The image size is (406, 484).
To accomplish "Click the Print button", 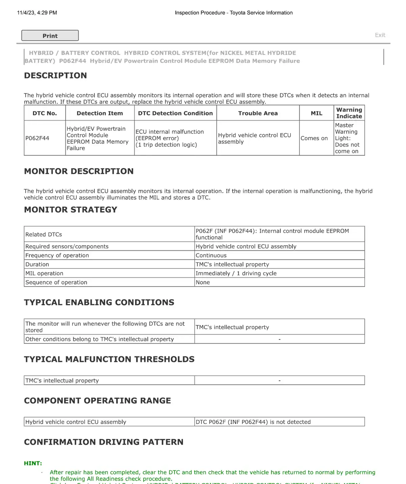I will click(x=50, y=36).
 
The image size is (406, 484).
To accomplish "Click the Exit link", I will click(x=380, y=35).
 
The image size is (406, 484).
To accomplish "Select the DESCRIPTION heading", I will click(x=55, y=76).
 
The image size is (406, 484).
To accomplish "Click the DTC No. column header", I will click(x=45, y=113).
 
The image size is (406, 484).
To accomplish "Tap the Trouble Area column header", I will click(x=258, y=113).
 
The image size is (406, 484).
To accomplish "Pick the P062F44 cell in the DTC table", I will click(x=37, y=138).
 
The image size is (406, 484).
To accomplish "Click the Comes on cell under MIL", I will click(x=314, y=138).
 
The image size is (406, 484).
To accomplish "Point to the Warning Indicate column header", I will click(x=349, y=113).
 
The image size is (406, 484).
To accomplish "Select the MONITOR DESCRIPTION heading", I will click(x=79, y=171).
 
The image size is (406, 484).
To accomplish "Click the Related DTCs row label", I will click(x=44, y=234).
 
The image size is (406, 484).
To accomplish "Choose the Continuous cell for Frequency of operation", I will click(x=211, y=255).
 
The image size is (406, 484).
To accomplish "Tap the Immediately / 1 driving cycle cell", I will click(x=236, y=273).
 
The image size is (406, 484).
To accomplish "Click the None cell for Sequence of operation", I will click(x=203, y=282).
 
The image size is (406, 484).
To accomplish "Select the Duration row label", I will click(x=37, y=265).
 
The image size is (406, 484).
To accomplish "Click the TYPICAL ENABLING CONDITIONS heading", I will click(x=99, y=302).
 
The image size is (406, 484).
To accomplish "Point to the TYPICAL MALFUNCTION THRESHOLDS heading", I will click(x=109, y=359).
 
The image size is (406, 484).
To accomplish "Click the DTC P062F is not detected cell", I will click(x=253, y=422).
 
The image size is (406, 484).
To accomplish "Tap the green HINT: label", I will click(x=33, y=463).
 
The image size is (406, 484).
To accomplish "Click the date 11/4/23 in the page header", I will click(x=26, y=13).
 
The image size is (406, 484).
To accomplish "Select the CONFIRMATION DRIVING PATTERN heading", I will click(x=104, y=442).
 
